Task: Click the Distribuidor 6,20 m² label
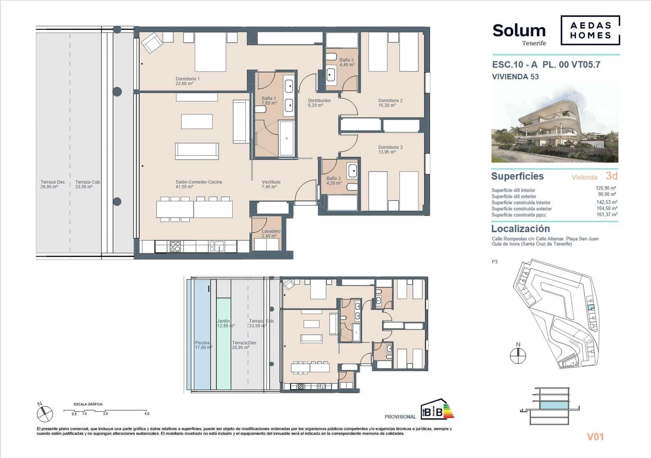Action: [x=319, y=103]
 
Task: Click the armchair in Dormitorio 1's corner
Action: [x=151, y=43]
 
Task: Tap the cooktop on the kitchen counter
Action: [x=175, y=246]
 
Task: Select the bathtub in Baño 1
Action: [x=286, y=138]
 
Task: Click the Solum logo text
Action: [x=519, y=31]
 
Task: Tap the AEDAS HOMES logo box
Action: [x=590, y=30]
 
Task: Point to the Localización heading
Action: [x=520, y=229]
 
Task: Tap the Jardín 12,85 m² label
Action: [x=225, y=323]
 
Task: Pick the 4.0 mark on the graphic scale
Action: [x=147, y=414]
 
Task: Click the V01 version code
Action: [x=595, y=437]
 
